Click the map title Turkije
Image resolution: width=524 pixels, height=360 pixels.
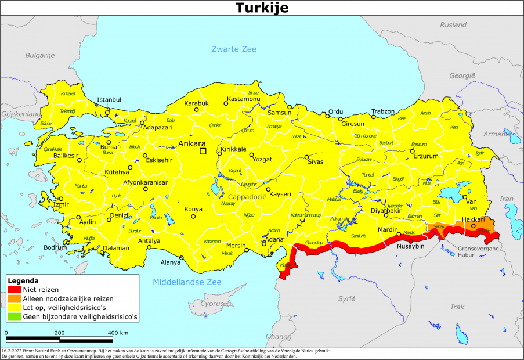click(x=262, y=8)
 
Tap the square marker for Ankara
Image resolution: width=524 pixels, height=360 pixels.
click(x=203, y=152)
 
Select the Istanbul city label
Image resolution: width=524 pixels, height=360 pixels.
click(x=109, y=99)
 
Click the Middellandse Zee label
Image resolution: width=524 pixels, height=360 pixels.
click(x=187, y=282)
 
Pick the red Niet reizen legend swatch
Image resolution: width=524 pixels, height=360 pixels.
click(x=15, y=289)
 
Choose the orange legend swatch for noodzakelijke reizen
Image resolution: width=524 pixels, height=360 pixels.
click(x=15, y=298)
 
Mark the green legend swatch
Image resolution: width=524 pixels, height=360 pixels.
click(x=15, y=317)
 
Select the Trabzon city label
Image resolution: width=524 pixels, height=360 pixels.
click(x=383, y=111)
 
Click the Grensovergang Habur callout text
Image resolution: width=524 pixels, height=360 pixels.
click(x=474, y=250)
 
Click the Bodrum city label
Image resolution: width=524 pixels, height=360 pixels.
click(x=56, y=247)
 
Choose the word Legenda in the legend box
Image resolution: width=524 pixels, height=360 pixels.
click(x=23, y=280)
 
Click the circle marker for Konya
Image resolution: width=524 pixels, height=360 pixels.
click(x=193, y=217)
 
